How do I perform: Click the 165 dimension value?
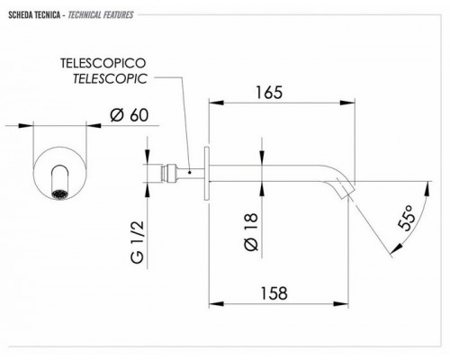tap(269, 93)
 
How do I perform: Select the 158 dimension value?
tap(274, 293)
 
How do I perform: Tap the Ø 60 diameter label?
tap(130, 115)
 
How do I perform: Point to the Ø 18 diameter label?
tap(251, 231)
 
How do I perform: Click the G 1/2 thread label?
tap(138, 242)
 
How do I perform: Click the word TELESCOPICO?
tap(103, 63)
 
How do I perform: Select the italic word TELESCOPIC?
tap(110, 79)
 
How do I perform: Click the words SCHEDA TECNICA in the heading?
tap(34, 14)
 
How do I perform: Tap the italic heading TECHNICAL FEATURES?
tap(101, 14)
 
